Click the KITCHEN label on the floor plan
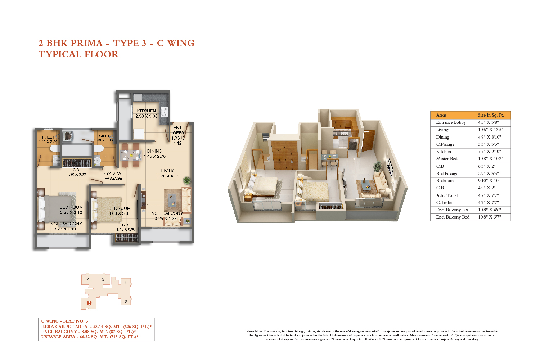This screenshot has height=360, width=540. tap(147, 111)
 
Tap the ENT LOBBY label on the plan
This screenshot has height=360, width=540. tap(177, 130)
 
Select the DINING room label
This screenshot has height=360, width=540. tap(154, 151)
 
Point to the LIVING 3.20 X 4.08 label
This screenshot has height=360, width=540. tap(168, 174)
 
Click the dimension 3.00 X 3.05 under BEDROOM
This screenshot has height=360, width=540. tap(120, 213)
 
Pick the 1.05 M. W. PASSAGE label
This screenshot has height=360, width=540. tap(113, 176)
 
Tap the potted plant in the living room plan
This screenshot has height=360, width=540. tap(186, 180)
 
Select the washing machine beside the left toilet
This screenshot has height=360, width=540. tap(68, 136)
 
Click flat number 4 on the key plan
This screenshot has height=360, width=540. tap(89, 279)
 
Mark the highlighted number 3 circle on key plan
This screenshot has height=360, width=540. tap(89, 303)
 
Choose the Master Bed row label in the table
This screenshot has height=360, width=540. tap(447, 159)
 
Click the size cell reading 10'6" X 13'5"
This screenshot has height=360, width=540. tap(491, 130)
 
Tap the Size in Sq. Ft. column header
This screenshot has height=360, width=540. tap(491, 115)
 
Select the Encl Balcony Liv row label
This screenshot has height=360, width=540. tap(452, 210)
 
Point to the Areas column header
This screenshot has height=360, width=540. tap(441, 115)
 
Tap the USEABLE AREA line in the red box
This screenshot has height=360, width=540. tap(90, 337)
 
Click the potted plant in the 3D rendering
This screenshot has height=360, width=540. tap(378, 166)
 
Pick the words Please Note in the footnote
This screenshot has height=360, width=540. tap(255, 331)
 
